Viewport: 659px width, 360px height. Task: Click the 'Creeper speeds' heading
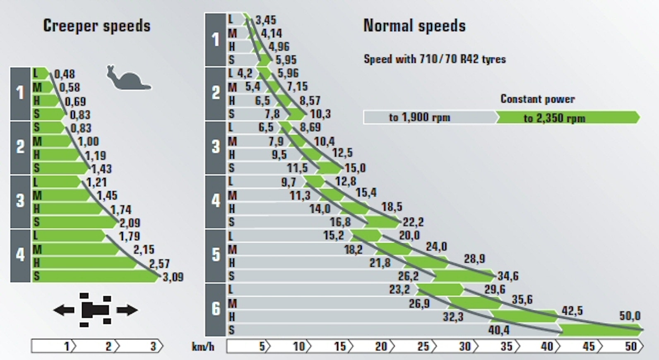97,26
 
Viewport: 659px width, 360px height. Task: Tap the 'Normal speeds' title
414,26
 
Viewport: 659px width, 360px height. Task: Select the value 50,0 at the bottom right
630,316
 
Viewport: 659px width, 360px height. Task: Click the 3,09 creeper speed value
173,277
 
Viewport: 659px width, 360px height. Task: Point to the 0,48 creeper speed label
65,74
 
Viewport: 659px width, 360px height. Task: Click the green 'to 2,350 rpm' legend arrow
567,118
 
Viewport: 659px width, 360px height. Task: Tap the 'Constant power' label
537,99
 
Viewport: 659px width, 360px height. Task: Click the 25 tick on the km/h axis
423,346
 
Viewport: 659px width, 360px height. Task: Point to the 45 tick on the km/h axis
589,346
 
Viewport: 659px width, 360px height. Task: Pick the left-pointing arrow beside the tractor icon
64,310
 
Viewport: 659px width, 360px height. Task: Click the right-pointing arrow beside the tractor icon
127,310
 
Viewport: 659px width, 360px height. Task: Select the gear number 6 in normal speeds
216,309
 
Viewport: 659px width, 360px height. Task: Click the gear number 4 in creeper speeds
20,255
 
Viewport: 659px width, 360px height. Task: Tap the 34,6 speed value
508,276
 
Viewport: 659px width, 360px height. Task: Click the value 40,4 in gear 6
499,330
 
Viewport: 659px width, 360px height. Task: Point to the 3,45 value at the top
266,20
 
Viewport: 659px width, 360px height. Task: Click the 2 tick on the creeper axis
108,346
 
